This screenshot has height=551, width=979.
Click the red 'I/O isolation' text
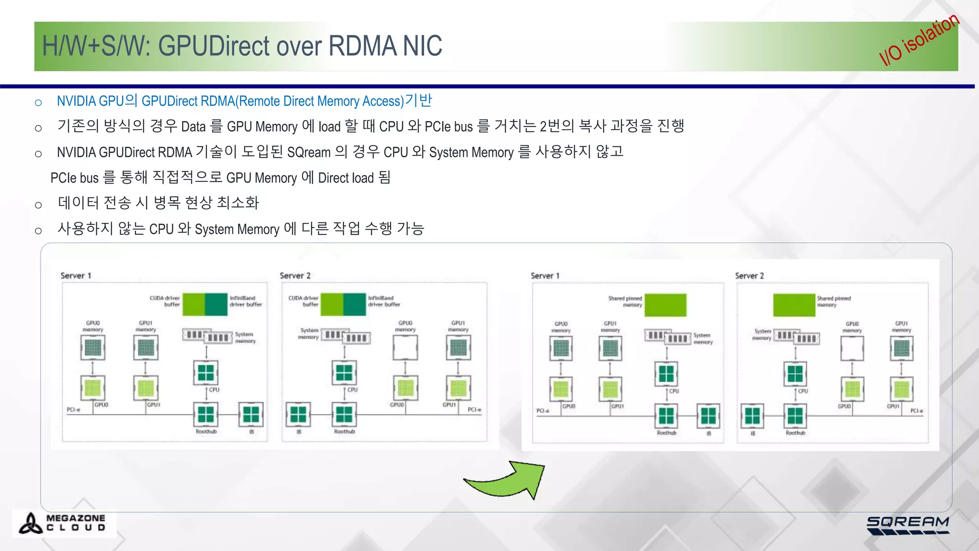point(919,40)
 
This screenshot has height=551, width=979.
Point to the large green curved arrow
point(507,480)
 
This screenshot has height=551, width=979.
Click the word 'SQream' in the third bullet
point(309,153)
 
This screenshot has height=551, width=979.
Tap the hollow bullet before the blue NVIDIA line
point(39,102)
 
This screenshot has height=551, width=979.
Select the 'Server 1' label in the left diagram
point(76,275)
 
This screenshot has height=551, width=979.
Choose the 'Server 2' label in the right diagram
point(749,276)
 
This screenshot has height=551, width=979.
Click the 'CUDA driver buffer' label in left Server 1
point(165,301)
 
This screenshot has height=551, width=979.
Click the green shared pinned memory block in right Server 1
point(665,305)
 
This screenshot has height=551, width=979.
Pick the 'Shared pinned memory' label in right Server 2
point(833,301)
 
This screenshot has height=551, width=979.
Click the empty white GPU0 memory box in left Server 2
point(405,348)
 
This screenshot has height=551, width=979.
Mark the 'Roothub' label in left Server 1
point(206,431)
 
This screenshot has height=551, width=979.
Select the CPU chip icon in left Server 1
point(206,372)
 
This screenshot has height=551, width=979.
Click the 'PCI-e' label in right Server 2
point(916,411)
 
